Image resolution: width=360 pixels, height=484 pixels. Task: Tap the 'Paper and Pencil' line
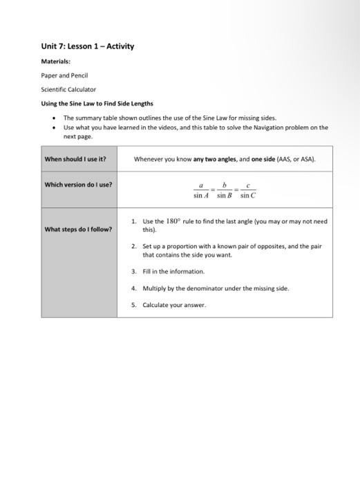[x=64, y=75]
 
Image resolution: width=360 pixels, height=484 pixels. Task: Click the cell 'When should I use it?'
[x=75, y=159]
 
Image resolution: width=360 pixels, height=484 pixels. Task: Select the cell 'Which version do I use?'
[x=78, y=185]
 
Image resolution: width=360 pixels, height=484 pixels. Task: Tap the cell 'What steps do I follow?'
[x=78, y=229]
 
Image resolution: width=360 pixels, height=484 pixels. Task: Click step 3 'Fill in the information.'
[x=173, y=272]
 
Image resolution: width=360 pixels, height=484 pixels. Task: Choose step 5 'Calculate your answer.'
[x=174, y=305]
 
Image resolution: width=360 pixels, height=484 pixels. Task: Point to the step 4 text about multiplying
[x=216, y=288]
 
